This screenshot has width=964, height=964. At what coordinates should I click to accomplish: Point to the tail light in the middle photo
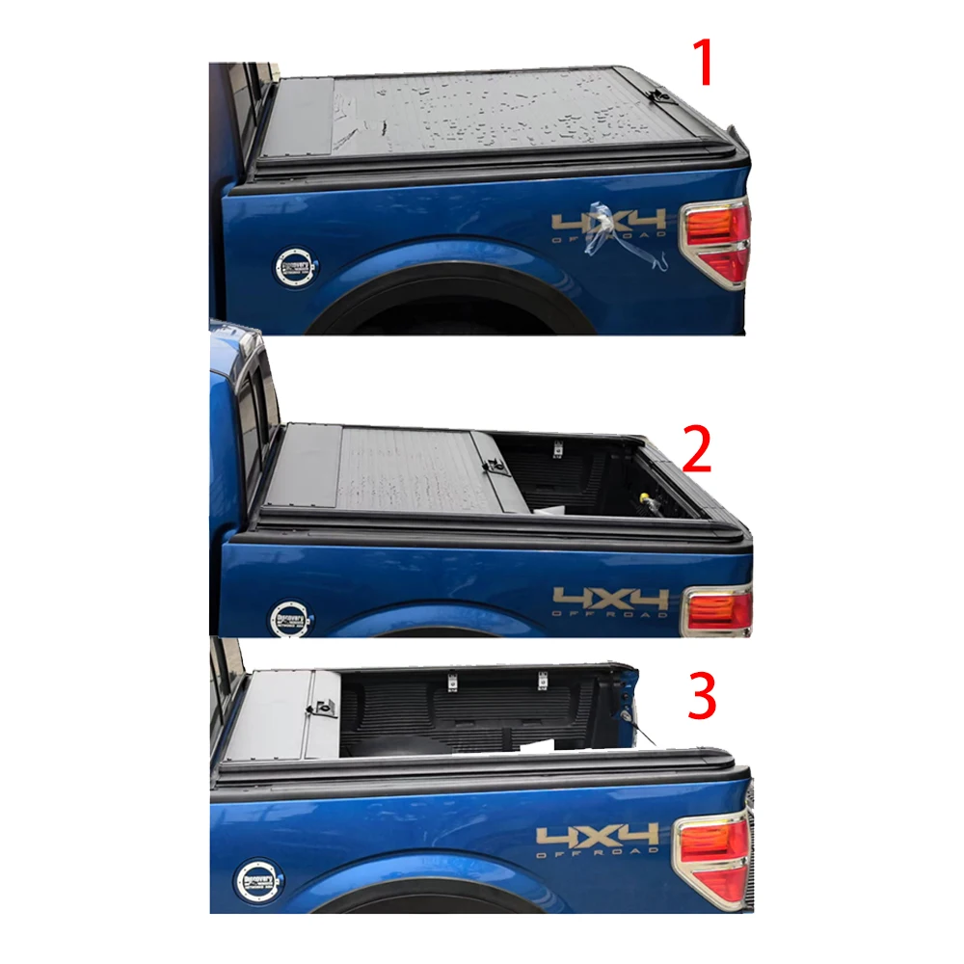pyautogui.click(x=718, y=611)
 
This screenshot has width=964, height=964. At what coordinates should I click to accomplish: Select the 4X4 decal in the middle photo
pyautogui.click(x=609, y=600)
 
